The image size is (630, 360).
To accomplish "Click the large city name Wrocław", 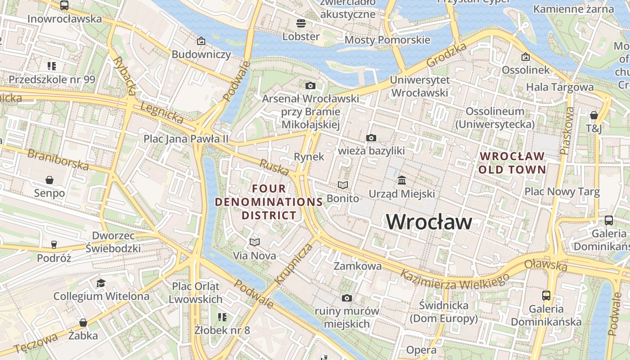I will pos(429,222).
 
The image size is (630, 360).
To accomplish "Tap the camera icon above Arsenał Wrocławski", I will pos(310,85).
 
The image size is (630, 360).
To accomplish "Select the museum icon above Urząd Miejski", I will pos(402,180).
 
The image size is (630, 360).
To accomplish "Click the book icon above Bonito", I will pos(343,185).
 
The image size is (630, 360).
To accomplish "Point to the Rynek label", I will pos(309,157).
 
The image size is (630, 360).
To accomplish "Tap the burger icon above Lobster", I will pos(301,23).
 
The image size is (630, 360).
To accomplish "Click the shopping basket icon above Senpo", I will pos(49,180).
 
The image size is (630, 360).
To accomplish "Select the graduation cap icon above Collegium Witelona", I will pos(101,283).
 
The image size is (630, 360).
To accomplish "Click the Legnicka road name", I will pos(162,113).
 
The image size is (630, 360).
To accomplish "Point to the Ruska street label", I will pos(274,167).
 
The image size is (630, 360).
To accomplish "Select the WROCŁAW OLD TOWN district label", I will pos(512,163).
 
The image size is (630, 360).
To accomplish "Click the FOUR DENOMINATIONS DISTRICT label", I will pos(269,202).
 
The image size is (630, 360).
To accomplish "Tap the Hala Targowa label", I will pos(560,87).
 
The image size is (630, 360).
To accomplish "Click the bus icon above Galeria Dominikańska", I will pos(546,296).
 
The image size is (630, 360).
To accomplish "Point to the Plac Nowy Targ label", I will pos(562,192).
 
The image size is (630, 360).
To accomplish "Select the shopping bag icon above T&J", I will pos(594,115).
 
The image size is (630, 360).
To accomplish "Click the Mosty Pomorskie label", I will pos(387,40).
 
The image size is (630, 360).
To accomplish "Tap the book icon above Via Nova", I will pos(255,243).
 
